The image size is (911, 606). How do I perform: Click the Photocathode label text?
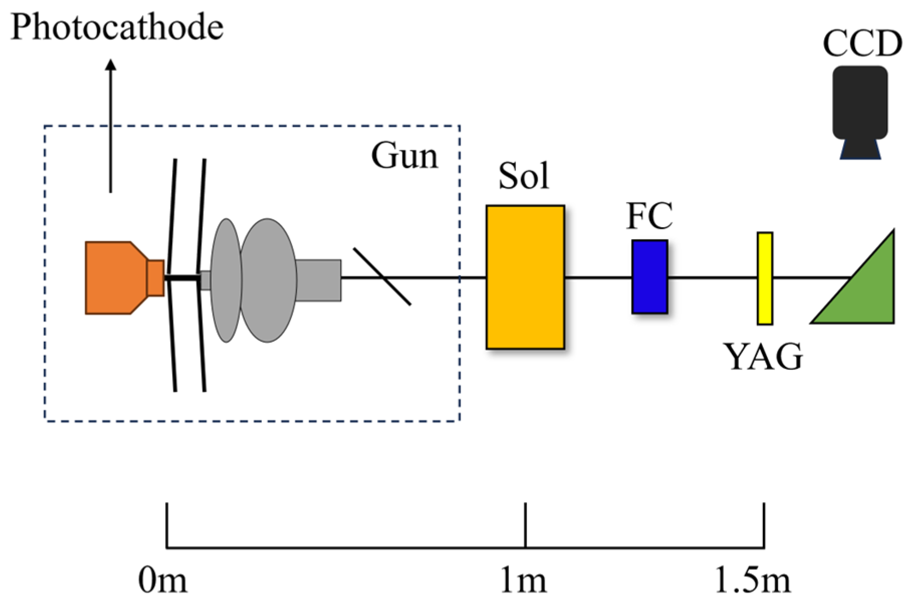point(117,27)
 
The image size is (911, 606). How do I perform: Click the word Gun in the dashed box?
point(405,156)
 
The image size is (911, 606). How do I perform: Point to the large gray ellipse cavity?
point(268,280)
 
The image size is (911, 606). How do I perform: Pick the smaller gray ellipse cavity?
point(226,280)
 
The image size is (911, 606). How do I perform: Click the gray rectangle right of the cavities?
point(318,280)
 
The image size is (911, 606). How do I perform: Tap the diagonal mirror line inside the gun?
point(382,276)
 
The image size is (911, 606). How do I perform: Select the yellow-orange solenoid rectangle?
point(525,277)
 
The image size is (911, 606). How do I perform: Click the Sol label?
point(524,176)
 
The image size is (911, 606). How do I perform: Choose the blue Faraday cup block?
point(649,277)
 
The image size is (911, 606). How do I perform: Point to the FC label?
point(649,216)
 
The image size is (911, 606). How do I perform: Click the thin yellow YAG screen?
point(764,278)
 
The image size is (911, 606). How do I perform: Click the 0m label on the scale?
point(162,581)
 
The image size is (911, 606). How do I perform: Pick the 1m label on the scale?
point(523,581)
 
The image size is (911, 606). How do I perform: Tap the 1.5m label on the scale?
point(752,581)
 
